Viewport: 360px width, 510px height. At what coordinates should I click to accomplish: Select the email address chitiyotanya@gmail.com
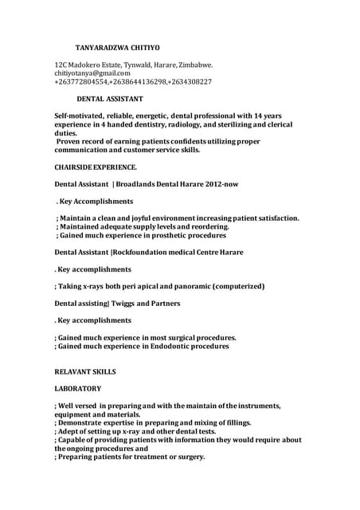[92, 73]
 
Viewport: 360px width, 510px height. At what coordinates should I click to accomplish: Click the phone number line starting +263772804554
[133, 82]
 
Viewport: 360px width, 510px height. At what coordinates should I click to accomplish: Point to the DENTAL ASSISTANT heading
[110, 99]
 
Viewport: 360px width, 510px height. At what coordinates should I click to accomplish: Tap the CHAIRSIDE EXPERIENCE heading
[96, 167]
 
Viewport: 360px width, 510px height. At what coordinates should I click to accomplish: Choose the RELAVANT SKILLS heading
[85, 371]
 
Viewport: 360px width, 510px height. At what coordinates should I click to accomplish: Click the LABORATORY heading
[77, 388]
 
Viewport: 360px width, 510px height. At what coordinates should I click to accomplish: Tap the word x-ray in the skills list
[122, 431]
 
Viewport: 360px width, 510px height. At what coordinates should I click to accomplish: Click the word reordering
[206, 226]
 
